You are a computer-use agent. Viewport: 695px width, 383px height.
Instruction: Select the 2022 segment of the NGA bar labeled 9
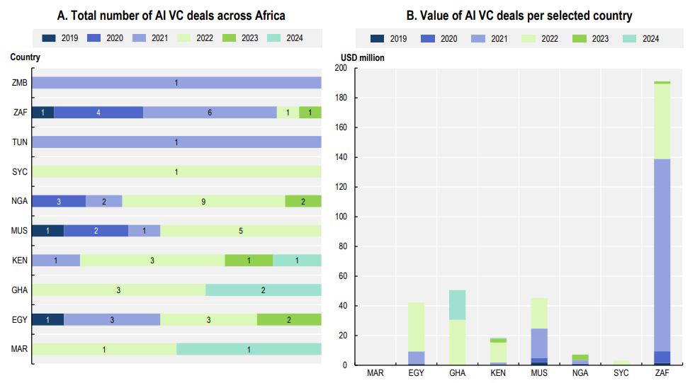point(203,201)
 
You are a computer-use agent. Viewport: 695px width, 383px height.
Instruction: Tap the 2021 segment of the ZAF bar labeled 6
point(210,112)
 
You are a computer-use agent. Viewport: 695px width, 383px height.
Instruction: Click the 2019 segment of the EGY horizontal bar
point(47,319)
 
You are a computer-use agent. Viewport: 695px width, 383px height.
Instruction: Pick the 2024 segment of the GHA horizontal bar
point(263,290)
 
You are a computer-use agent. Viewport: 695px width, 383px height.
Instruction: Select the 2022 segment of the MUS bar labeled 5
point(240,231)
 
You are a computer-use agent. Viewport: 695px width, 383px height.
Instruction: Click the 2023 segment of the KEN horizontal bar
point(249,260)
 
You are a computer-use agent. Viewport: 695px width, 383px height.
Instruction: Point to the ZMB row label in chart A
point(20,83)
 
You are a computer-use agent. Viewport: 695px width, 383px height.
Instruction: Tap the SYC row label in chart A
point(20,171)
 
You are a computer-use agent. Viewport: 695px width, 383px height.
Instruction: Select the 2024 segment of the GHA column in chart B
point(458,304)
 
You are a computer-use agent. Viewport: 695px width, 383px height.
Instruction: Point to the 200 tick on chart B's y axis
point(341,68)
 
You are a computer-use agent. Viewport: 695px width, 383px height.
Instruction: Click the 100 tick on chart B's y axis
point(341,217)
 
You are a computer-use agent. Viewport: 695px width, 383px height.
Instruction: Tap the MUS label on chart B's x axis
point(539,373)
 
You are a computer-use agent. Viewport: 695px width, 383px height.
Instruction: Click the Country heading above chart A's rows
point(26,57)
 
